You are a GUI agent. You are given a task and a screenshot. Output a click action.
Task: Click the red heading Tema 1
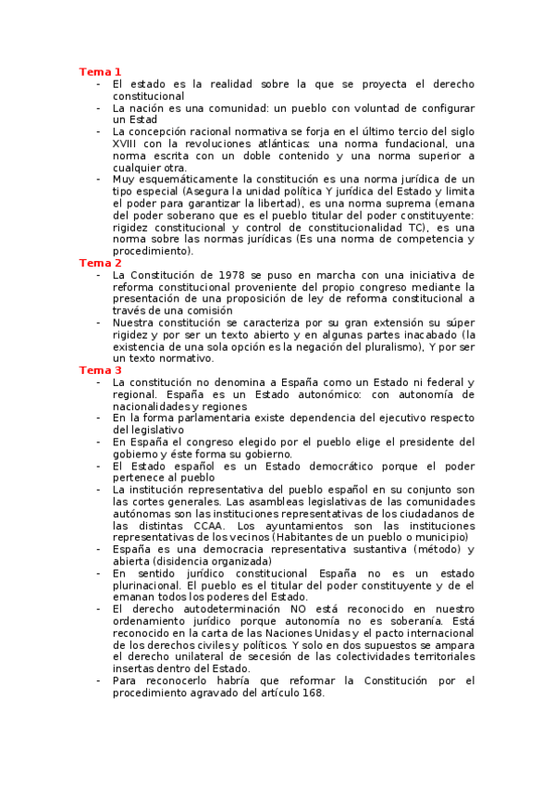[x=100, y=71]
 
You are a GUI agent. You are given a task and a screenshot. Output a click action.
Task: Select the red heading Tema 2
[x=100, y=263]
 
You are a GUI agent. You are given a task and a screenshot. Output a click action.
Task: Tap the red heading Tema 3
[x=100, y=370]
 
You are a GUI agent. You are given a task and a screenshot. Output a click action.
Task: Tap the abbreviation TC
[x=415, y=227]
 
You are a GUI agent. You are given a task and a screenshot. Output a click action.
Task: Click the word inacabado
[x=423, y=334]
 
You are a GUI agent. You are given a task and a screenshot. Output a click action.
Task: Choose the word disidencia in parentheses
[x=185, y=561]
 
